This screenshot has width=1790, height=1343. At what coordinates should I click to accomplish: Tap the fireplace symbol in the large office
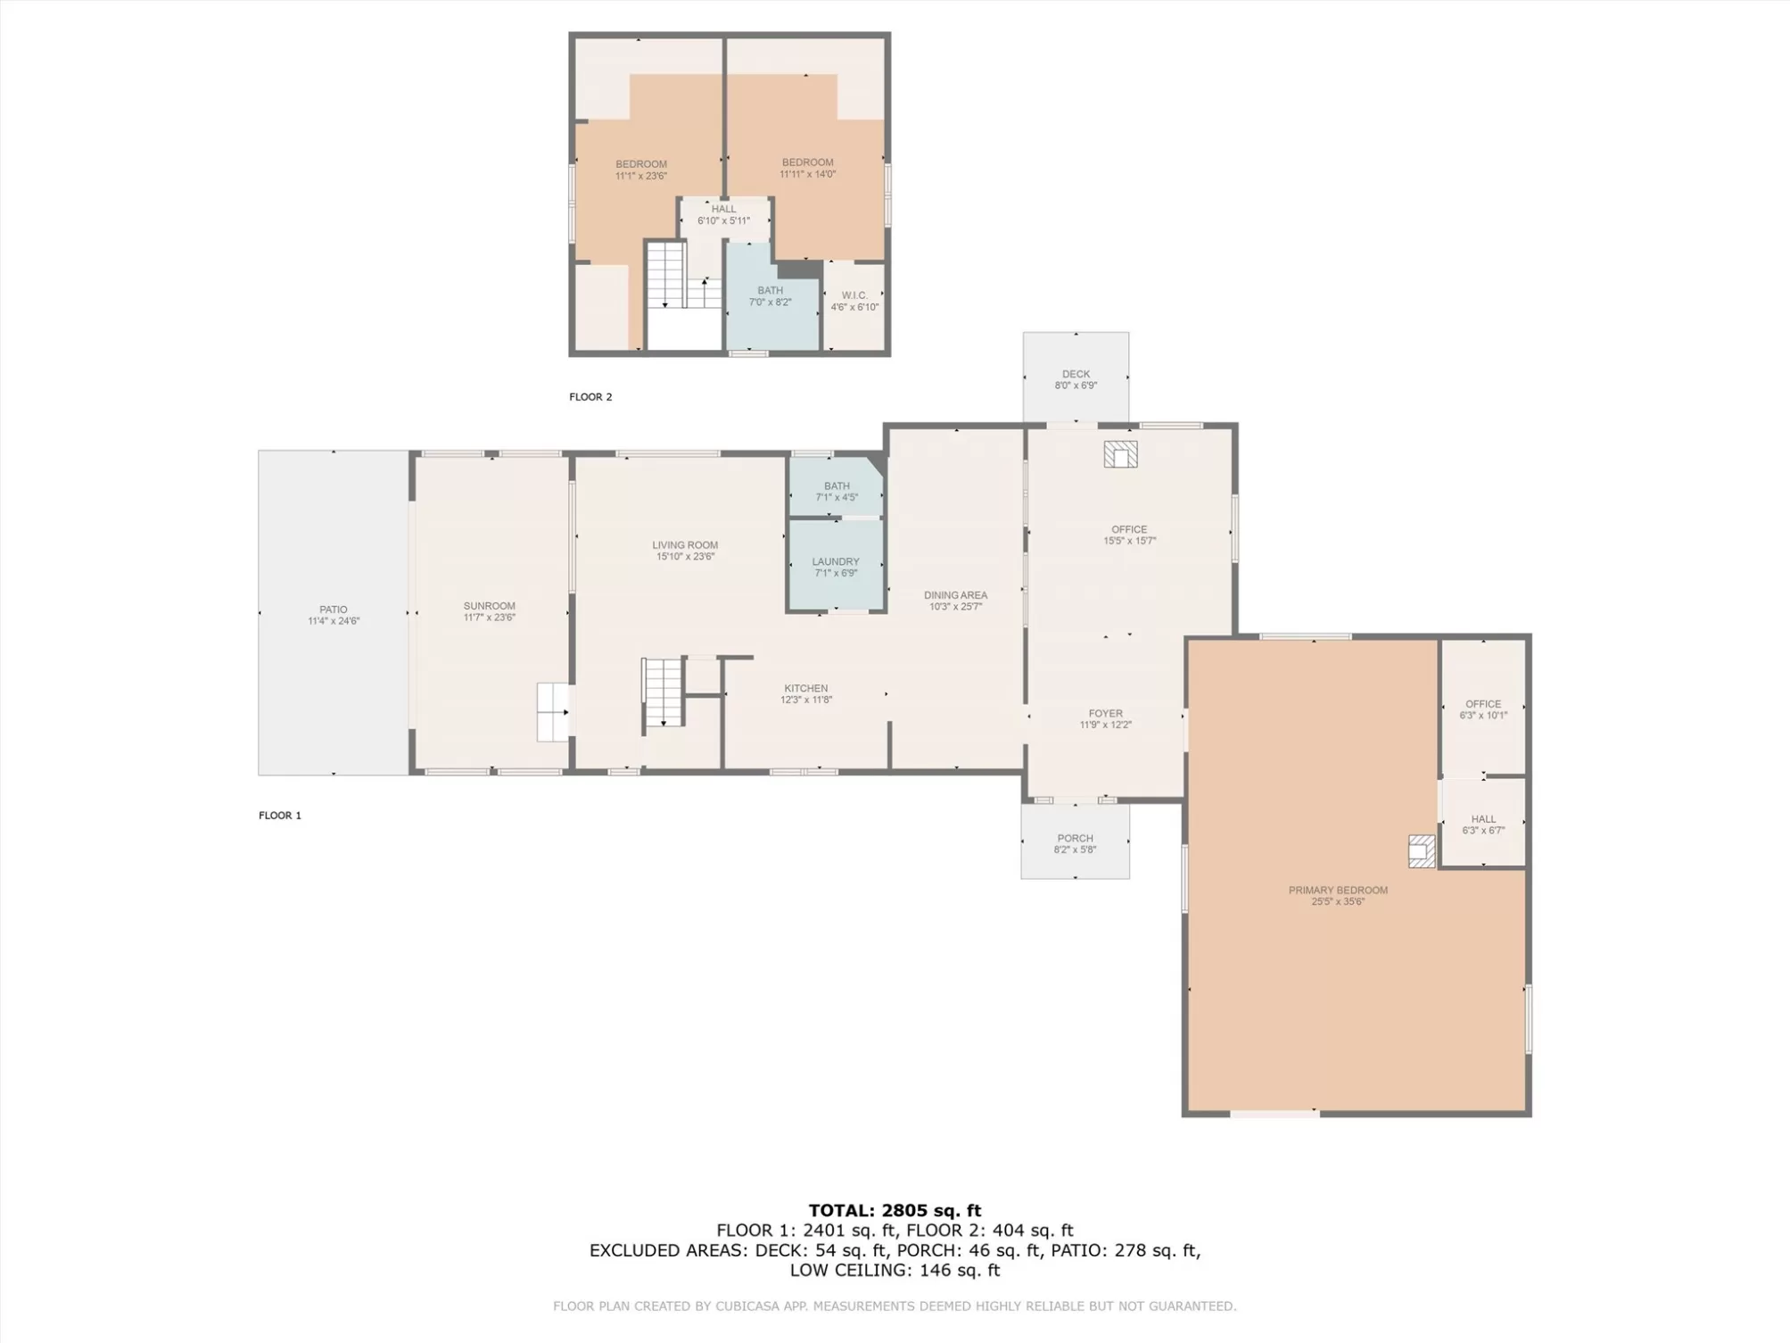point(1120,454)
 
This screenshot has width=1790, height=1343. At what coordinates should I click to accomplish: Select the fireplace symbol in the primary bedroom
point(1422,851)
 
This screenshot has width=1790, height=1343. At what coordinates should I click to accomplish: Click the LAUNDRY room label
point(836,562)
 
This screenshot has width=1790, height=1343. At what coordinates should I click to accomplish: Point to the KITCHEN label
point(806,688)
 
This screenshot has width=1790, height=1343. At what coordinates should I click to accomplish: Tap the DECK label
point(1076,374)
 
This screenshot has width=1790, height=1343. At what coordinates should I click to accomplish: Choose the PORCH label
point(1075,838)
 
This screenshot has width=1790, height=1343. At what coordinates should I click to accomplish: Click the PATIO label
point(334,609)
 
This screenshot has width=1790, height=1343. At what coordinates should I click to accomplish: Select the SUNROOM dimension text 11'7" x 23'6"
point(490,618)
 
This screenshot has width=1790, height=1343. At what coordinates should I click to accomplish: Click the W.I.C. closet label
point(854,295)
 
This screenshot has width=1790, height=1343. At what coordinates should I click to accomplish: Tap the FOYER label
point(1106,713)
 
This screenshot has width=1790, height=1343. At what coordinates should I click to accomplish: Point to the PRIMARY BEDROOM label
point(1338,890)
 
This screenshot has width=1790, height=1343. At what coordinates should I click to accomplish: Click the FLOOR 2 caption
point(590,397)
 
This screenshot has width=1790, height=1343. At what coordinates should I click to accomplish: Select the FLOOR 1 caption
point(280,815)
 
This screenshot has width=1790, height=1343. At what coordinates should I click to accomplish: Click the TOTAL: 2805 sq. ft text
point(895,1210)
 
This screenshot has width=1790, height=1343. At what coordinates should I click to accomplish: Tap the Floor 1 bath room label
point(837,486)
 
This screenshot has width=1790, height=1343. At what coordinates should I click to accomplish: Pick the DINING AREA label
point(955,595)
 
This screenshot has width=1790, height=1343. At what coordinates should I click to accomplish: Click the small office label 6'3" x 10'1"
point(1483,716)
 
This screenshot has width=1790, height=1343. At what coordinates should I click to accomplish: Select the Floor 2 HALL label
point(724,209)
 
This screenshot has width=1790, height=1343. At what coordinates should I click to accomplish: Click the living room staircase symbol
point(664,692)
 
